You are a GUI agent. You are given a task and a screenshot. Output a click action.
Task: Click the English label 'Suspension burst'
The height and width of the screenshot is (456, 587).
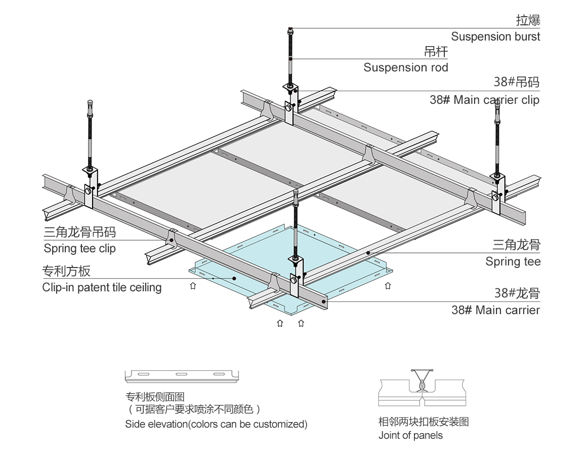[495, 36]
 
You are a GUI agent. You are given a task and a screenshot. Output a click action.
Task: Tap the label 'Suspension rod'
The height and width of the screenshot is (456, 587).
[406, 67]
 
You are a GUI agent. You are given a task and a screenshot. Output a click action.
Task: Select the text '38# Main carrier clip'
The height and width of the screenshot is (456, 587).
[484, 100]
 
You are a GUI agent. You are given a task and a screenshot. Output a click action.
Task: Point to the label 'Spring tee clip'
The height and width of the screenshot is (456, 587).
[79, 248]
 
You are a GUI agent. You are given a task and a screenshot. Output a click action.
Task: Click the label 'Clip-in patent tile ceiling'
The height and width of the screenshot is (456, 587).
[102, 287]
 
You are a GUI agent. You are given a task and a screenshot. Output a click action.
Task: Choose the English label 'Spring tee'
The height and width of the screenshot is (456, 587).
[513, 261]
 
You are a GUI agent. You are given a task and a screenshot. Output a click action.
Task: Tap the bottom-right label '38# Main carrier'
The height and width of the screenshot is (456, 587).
[495, 310]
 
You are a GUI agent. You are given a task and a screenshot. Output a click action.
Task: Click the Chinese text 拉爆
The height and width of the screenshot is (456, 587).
[528, 20]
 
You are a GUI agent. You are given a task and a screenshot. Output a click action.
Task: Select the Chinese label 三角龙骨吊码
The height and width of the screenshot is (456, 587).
[79, 232]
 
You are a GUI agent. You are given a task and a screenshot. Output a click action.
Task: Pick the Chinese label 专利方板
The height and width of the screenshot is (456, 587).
[66, 271]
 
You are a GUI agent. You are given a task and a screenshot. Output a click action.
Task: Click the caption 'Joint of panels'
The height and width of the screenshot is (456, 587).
[410, 435]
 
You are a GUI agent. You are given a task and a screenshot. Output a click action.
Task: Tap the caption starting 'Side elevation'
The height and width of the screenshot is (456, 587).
[216, 424]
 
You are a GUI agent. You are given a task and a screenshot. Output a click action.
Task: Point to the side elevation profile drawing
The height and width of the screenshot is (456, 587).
[182, 375]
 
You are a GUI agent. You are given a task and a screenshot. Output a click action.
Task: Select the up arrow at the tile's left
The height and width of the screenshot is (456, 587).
[193, 286]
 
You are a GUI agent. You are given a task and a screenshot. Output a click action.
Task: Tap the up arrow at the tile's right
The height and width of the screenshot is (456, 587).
[388, 286]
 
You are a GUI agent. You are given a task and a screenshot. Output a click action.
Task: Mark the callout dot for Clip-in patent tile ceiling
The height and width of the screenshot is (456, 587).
[235, 278]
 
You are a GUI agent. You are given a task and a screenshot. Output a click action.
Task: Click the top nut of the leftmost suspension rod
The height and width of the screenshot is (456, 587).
[90, 103]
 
